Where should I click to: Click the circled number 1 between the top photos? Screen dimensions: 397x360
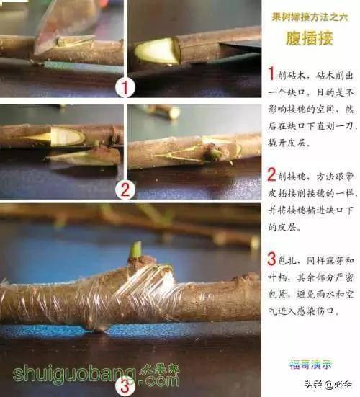tap(126, 89)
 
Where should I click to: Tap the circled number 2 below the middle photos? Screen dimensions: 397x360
tap(126, 190)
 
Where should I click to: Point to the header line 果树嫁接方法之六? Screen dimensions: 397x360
tap(312, 15)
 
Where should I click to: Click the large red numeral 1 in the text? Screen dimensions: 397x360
tap(271, 73)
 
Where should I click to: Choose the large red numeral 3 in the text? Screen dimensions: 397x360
tap(271, 257)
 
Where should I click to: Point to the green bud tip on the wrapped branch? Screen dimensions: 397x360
tap(135, 249)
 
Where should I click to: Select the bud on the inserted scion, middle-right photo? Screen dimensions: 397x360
tap(214, 152)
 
